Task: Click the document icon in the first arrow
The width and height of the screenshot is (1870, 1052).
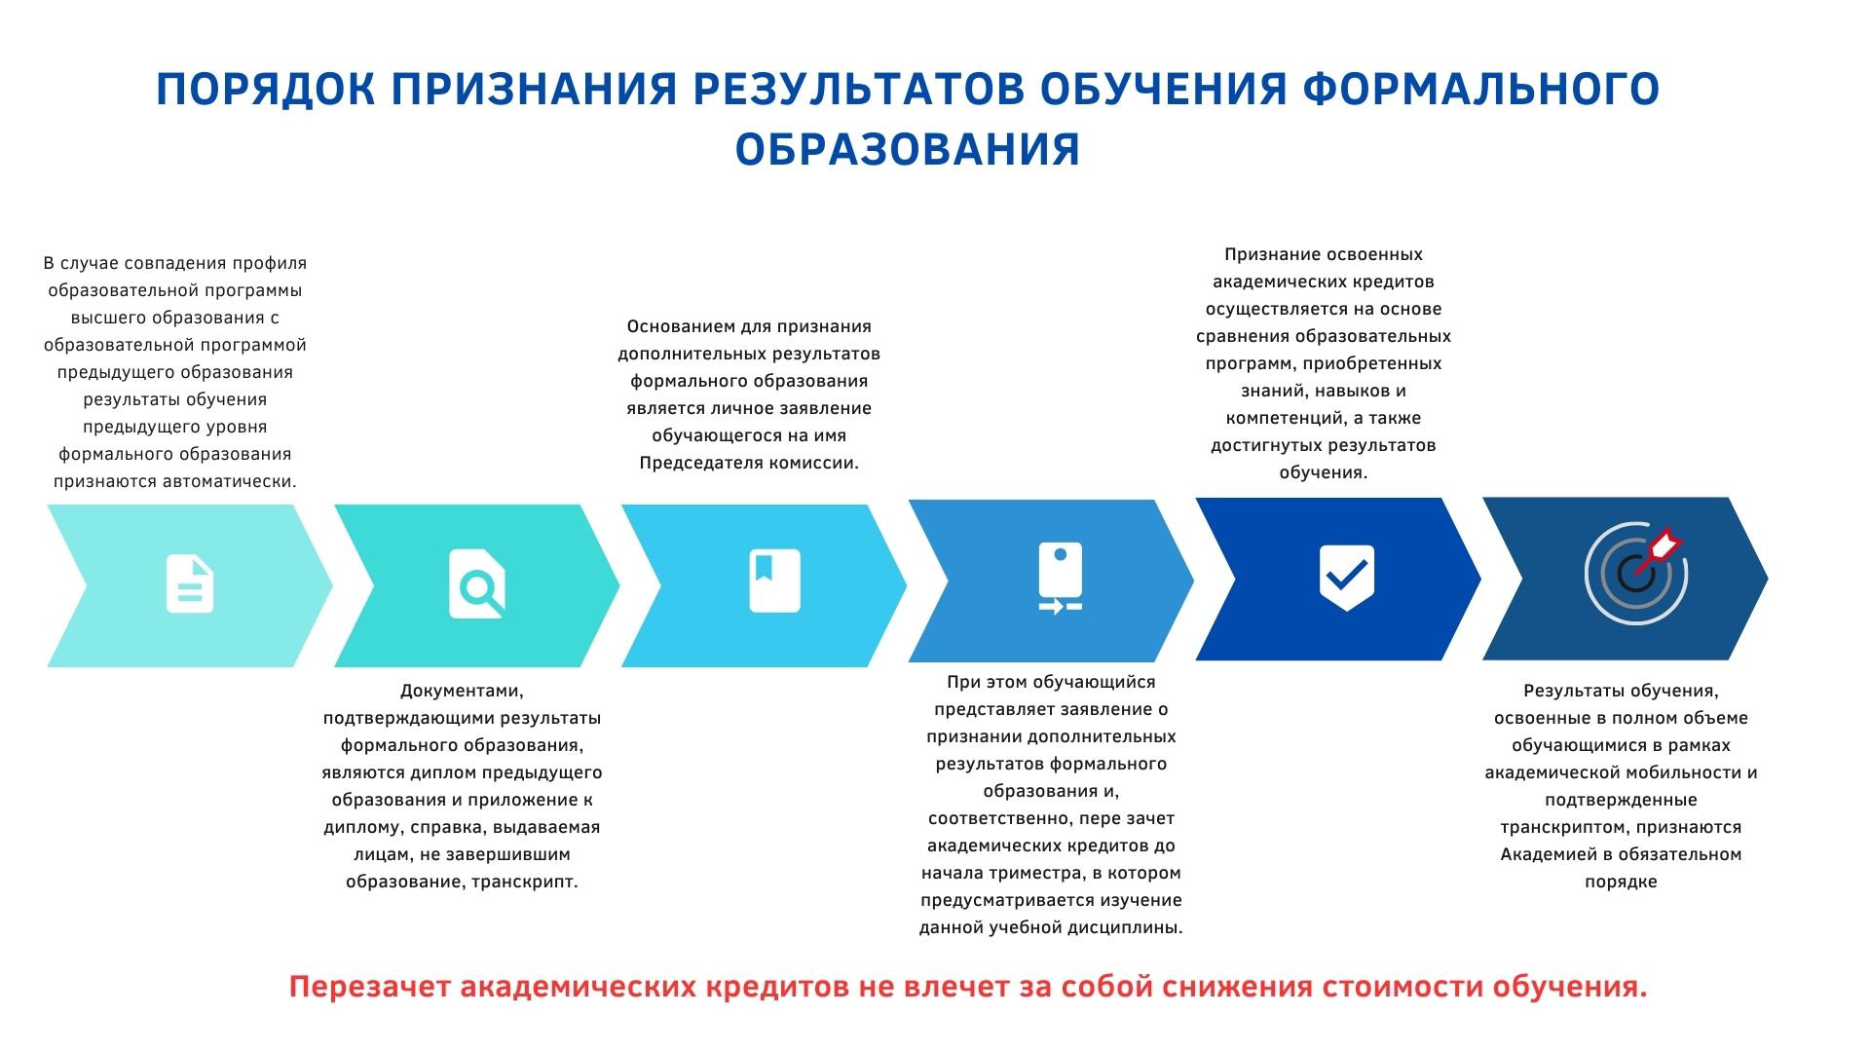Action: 190,583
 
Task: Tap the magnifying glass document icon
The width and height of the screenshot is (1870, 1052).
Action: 476,583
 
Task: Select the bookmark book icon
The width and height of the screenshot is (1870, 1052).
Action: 774,581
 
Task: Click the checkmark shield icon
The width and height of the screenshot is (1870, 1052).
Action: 1346,578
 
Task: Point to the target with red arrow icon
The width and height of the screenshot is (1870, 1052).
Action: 1635,574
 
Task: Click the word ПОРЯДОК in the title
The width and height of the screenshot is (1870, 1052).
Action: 265,90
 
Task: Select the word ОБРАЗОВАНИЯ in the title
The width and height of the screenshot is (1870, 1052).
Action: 908,150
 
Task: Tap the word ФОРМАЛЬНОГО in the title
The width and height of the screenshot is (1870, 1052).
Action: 1481,90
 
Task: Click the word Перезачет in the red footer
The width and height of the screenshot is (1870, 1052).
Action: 370,987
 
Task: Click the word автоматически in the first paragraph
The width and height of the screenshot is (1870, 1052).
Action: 235,481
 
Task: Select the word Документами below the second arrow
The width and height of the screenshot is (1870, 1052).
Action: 462,692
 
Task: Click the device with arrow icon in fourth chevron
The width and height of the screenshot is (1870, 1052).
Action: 1061,578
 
